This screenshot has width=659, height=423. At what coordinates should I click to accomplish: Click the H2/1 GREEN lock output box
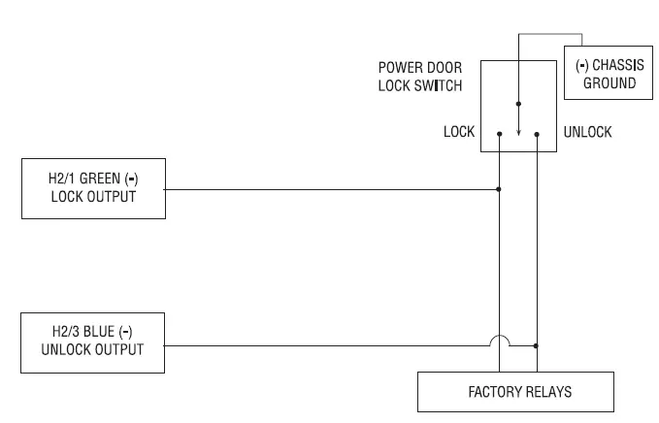coord(93,189)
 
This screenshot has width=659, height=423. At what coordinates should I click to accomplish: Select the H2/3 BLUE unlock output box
coord(93,342)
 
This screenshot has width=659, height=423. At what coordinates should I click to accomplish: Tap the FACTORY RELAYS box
coord(515,392)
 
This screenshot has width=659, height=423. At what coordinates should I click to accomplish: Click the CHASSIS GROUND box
coord(607,75)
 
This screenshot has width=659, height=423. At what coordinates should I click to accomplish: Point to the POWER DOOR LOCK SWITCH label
coord(418,78)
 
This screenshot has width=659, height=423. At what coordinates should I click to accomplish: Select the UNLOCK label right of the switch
coord(588,132)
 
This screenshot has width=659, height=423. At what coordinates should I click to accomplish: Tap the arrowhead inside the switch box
coord(518,134)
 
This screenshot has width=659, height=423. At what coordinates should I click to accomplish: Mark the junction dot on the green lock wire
coord(499,189)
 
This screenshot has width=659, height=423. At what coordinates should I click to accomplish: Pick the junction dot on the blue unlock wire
coord(537,344)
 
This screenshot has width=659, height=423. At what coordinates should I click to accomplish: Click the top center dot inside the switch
coord(518,103)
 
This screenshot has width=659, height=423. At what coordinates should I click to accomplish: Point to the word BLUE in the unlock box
coord(100,333)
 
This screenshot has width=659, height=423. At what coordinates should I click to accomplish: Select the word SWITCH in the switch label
coord(449,85)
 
